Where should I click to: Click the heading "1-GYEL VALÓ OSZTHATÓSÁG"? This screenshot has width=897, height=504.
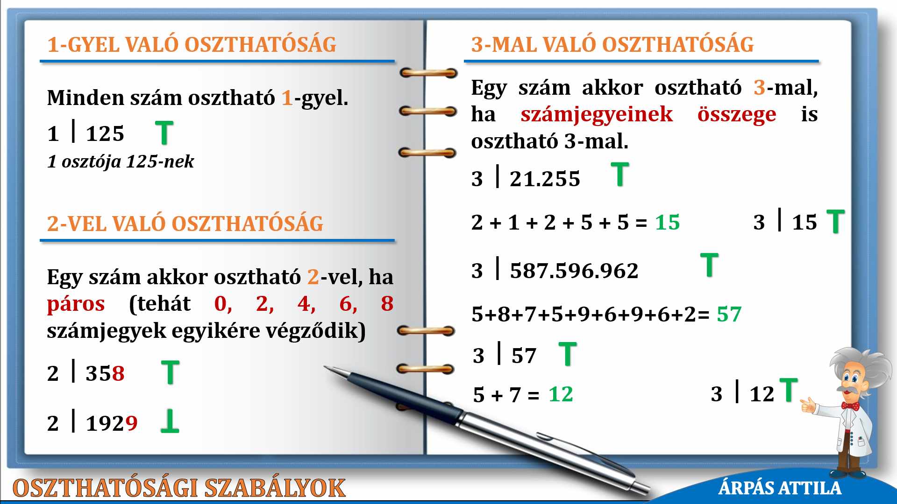pos(192,45)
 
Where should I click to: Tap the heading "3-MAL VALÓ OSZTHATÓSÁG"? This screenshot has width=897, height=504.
pos(612,45)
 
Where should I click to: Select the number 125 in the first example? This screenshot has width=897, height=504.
pos(105,134)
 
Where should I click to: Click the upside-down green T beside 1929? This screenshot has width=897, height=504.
pos(170,421)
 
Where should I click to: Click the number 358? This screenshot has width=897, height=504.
pos(105,373)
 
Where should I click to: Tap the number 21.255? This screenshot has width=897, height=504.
pos(545,179)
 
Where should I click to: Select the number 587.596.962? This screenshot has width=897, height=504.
pos(574,271)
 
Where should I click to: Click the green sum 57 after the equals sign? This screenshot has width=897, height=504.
pos(729,314)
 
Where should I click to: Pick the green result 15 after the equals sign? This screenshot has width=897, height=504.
pos(667,223)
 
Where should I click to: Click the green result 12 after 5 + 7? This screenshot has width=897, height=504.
pos(561,394)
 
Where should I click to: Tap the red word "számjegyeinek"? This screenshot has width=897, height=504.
pos(597,115)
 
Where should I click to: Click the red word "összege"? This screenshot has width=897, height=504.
pos(737,115)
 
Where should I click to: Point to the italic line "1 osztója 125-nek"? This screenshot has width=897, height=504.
pos(121,161)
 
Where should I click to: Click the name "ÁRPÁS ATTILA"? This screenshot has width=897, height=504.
pos(780,488)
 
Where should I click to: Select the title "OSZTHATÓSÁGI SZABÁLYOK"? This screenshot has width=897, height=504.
pos(179,488)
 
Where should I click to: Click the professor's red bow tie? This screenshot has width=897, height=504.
pos(850,406)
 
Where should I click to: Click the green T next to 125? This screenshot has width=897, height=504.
pos(164,133)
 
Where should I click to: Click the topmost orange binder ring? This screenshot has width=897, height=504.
pos(428,73)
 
